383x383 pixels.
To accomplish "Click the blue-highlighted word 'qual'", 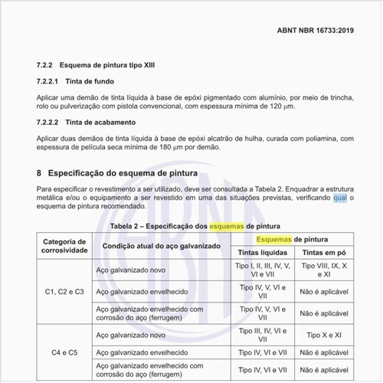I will click(x=341, y=198).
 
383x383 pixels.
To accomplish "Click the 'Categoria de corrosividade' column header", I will click(x=64, y=246).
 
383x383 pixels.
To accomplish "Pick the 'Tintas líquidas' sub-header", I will click(x=263, y=253).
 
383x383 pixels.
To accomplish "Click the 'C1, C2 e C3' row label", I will click(x=64, y=291).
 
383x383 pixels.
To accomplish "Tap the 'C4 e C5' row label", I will click(x=64, y=352).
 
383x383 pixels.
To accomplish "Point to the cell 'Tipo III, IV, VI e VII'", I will click(x=263, y=335).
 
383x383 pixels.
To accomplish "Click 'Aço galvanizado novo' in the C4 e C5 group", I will click(x=130, y=335).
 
